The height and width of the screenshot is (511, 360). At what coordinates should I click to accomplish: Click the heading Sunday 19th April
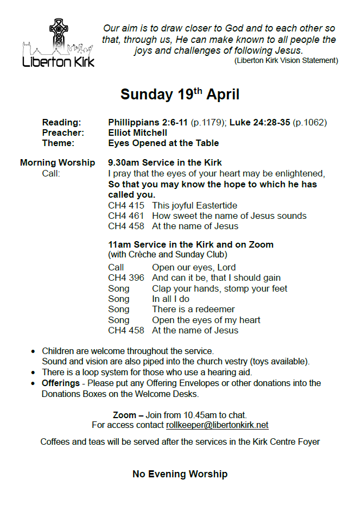[180, 94]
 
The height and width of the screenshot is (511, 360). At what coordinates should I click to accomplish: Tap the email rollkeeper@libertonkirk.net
[217, 425]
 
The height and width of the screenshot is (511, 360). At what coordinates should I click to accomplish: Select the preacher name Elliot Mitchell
[138, 133]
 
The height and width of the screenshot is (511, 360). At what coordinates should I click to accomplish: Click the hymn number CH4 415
[126, 205]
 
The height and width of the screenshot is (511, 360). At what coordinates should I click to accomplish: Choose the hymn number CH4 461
[126, 216]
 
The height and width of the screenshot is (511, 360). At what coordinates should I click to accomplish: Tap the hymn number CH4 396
[126, 278]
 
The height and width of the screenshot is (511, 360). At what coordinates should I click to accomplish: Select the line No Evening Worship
[180, 474]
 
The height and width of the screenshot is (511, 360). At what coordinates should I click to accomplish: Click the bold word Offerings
[61, 383]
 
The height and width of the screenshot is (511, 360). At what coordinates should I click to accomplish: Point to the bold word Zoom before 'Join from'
[124, 415]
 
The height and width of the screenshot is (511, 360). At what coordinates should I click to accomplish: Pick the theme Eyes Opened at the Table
[163, 143]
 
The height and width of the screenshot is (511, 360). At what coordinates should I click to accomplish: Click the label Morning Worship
[58, 162]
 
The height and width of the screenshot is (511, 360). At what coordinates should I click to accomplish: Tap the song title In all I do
[170, 299]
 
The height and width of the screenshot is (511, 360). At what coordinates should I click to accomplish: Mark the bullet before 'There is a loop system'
[34, 373]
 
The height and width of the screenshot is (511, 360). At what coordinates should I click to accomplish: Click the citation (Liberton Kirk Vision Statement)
[286, 61]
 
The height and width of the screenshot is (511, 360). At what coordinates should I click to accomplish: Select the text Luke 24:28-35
[260, 122]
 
